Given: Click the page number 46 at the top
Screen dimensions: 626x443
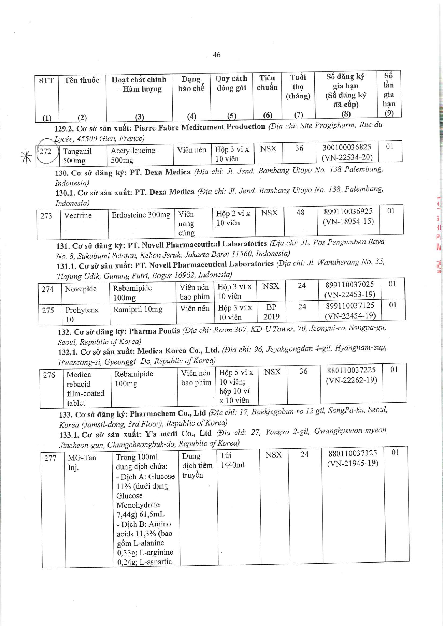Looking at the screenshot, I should tap(217, 55).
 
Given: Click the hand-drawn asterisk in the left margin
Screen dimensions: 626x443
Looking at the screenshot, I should tap(26, 156).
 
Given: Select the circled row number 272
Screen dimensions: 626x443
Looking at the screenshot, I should tap(46, 151).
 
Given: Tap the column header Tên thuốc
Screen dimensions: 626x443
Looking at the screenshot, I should tap(82, 80).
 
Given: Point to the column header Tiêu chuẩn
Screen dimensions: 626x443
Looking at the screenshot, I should tap(267, 82).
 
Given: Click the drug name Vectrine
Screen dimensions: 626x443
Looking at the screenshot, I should tap(78, 215).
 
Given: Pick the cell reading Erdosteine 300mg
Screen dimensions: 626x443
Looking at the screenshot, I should tap(141, 215).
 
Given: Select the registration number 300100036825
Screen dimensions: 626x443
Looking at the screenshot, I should tap(347, 147).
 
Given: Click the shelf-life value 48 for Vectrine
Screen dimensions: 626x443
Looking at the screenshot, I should tap(301, 212).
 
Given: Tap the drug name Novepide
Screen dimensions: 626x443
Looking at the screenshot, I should tap(81, 289).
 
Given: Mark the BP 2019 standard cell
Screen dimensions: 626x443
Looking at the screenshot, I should tap(271, 311).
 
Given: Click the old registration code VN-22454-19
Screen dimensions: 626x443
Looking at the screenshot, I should tap(350, 316).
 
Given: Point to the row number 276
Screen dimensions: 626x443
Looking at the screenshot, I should tap(49, 375).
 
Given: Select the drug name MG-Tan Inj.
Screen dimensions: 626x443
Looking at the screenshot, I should tap(82, 462).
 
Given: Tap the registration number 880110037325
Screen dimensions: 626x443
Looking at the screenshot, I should tap(353, 453).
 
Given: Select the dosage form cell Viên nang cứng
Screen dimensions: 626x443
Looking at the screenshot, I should tap(186, 224).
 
